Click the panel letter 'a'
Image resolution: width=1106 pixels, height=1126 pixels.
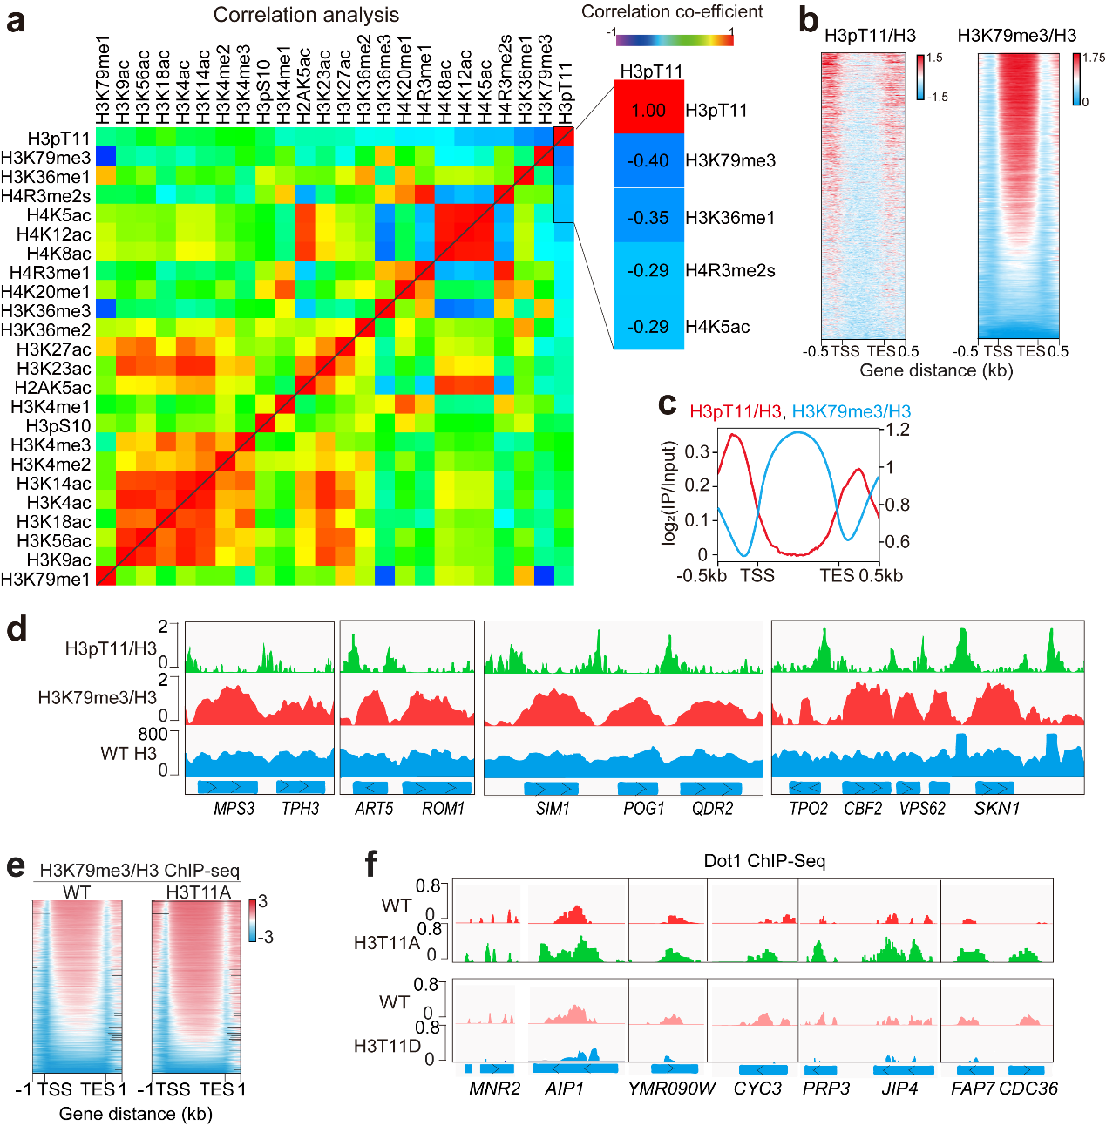tap(15, 20)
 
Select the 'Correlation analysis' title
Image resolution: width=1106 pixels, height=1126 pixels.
tap(306, 15)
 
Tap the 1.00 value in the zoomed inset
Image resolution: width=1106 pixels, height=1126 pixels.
tap(648, 111)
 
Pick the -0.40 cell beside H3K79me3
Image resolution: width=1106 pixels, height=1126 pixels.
tap(648, 160)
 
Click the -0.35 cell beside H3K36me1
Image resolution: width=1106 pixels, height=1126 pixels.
tap(648, 217)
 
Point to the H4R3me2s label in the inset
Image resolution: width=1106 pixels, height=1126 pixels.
tap(729, 271)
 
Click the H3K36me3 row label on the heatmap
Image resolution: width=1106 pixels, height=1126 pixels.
tap(46, 311)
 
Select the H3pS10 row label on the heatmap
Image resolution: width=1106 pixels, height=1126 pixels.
tap(58, 426)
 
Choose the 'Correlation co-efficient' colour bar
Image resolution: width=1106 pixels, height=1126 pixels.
tap(673, 37)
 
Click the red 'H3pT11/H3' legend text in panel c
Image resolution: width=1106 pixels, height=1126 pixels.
tap(735, 411)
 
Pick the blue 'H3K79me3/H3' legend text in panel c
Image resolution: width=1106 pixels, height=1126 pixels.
tap(852, 411)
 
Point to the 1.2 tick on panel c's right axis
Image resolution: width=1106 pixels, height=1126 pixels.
tap(898, 430)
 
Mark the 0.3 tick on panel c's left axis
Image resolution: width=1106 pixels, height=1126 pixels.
tap(696, 451)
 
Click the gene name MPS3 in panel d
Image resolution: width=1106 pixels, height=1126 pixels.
tap(234, 809)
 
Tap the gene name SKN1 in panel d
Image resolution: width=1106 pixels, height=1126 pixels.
tap(996, 809)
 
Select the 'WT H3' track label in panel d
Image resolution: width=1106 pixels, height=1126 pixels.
tap(128, 754)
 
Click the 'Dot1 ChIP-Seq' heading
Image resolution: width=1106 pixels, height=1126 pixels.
tap(764, 861)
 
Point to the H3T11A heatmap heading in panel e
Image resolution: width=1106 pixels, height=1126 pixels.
tap(198, 892)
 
